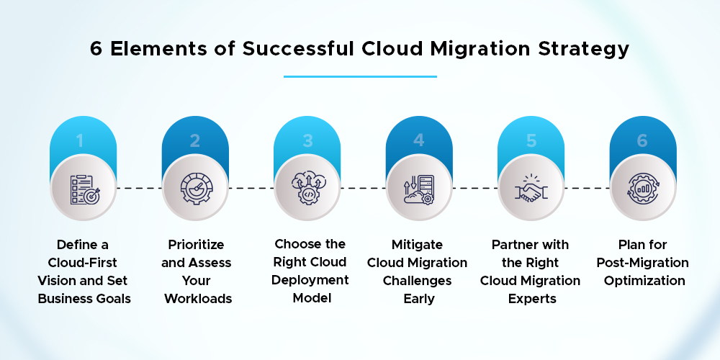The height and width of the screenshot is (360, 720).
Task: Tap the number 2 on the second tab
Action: pos(195,141)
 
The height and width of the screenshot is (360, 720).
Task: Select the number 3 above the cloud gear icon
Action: pos(307,141)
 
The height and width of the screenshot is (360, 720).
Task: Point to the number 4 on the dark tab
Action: pos(419,141)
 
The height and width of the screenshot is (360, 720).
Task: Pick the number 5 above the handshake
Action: pos(531,141)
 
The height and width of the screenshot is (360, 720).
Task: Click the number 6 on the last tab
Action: pos(643,141)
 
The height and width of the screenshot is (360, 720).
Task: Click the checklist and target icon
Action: pos(83,189)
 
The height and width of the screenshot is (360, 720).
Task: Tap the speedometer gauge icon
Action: pos(195,189)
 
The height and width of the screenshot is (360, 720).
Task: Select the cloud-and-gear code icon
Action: pos(307,189)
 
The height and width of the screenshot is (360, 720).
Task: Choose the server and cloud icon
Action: pos(419,189)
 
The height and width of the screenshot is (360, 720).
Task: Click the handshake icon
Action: pos(531,189)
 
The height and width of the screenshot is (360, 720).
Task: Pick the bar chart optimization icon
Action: pos(643,189)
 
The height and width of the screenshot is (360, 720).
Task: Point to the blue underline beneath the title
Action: pos(360,76)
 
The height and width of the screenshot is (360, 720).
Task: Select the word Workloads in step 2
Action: pos(195,297)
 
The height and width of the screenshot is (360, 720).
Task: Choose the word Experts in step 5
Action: pos(531,297)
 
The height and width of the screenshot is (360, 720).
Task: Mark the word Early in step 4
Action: pos(419,297)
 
